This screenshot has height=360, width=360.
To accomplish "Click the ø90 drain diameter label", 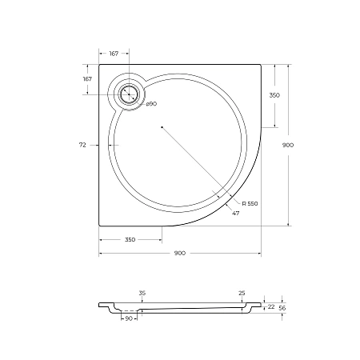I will coord(150,105).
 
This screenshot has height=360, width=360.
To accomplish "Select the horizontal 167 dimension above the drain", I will coord(114,54).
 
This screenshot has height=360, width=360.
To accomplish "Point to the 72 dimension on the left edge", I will coord(82,145).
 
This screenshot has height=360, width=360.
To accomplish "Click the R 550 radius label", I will coord(250,204).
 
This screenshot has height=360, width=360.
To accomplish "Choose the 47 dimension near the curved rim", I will coord(235,214).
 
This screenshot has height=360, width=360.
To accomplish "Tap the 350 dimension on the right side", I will coord(274,95).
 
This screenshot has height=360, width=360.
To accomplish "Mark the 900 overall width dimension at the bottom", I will coord(179,253).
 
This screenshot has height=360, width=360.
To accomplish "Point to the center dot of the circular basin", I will coord(162,127).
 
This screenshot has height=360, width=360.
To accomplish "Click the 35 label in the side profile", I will coord(142,294).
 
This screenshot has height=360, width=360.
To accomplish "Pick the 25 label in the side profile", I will coord(242,294).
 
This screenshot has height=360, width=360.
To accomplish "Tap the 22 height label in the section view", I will coord(270,306).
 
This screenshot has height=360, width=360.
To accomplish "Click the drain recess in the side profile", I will coord(128,309).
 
